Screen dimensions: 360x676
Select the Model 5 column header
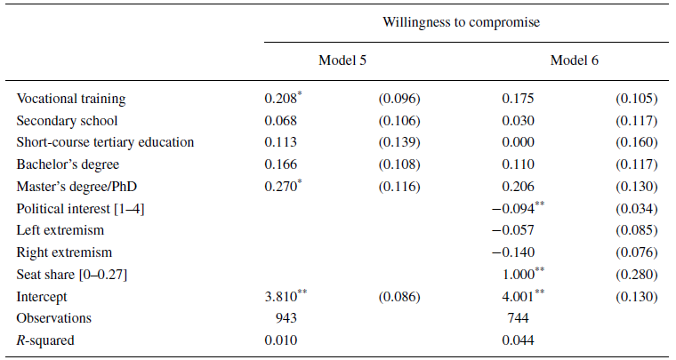[342, 60]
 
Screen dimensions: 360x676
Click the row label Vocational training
[71, 99]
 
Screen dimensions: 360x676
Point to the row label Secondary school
[67, 121]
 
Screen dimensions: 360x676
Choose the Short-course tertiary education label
[105, 142]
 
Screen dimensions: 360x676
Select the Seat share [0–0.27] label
[70, 274]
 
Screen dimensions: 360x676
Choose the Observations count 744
[517, 317]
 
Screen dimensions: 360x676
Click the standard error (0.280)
[636, 274]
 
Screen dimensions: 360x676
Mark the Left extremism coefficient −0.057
[517, 230]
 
